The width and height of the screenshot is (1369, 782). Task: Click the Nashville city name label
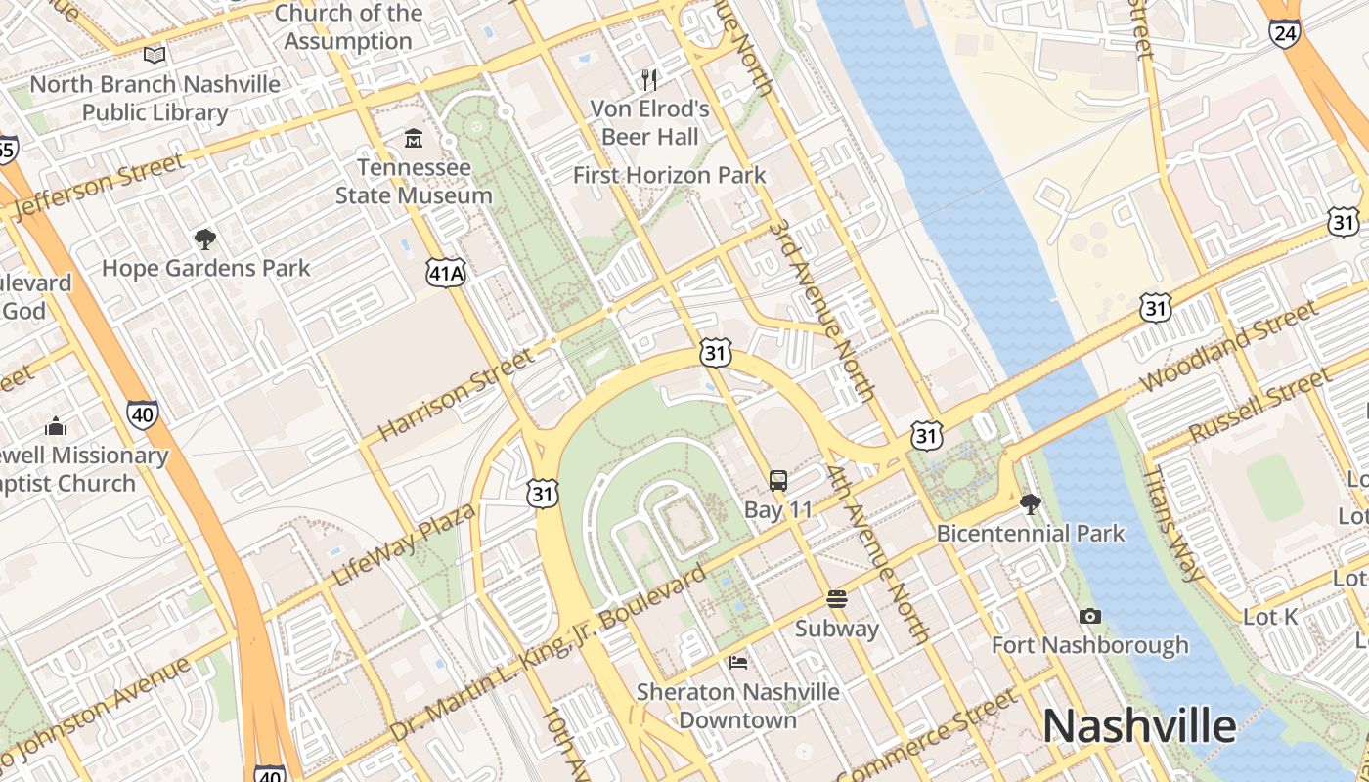pyautogui.click(x=1139, y=726)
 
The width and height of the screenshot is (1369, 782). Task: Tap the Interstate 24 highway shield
pyautogui.click(x=1284, y=32)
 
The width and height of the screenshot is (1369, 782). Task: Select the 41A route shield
pyautogui.click(x=445, y=273)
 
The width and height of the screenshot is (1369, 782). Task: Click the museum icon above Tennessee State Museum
pyautogui.click(x=414, y=139)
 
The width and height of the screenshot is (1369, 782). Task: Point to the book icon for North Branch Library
pyautogui.click(x=155, y=56)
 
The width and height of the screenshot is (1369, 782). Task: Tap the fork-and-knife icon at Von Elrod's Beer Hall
pyautogui.click(x=649, y=79)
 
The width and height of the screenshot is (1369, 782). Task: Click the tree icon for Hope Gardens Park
pyautogui.click(x=204, y=239)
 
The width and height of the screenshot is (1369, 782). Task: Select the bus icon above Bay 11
pyautogui.click(x=778, y=481)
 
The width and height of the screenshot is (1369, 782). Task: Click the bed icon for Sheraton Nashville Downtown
pyautogui.click(x=738, y=663)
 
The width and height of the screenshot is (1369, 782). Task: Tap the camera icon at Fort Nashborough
pyautogui.click(x=1089, y=617)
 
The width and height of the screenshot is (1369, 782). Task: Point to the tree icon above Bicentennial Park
pyautogui.click(x=1030, y=504)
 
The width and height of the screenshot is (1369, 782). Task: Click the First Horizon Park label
pyautogui.click(x=669, y=176)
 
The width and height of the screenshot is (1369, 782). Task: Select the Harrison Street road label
pyautogui.click(x=456, y=394)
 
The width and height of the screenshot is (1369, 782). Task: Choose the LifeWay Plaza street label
pyautogui.click(x=404, y=544)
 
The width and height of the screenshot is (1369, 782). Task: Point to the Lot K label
pyautogui.click(x=1270, y=617)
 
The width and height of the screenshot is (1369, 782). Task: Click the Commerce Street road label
pyautogui.click(x=926, y=737)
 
